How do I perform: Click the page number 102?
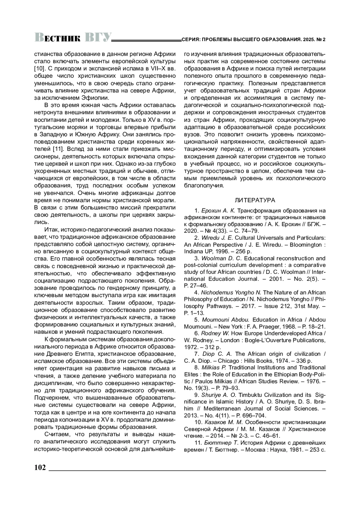click(x=40, y=468)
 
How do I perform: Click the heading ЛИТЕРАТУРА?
click(x=255, y=200)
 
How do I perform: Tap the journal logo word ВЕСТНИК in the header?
click(x=58, y=38)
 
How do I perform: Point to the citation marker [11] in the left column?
click(x=57, y=149)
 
